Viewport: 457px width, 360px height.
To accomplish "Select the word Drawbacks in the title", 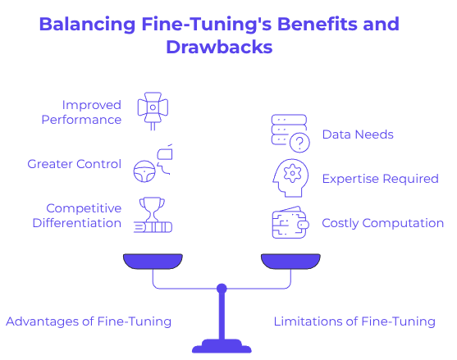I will (219, 47).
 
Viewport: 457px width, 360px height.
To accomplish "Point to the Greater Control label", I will (75, 164).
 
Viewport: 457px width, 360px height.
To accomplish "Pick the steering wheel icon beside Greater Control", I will (144, 169).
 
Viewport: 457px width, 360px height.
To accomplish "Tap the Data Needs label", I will (358, 134).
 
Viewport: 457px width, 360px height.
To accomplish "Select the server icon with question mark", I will (289, 134).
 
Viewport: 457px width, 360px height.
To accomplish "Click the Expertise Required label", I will (380, 178).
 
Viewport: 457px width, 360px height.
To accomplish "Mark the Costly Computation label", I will (382, 222).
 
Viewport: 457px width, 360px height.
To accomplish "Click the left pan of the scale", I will (152, 262).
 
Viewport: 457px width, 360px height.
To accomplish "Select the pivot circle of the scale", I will (221, 289).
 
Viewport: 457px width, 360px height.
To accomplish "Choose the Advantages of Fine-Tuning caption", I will (89, 321).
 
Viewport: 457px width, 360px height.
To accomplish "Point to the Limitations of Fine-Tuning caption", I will (354, 321).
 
